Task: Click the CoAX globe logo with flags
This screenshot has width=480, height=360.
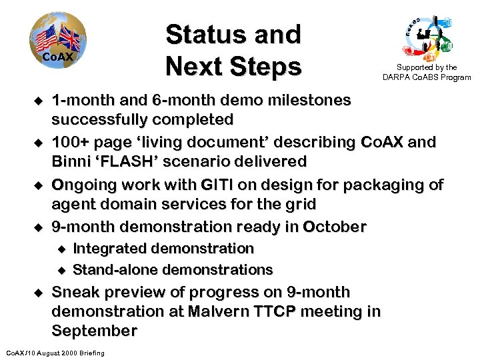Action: tap(57, 44)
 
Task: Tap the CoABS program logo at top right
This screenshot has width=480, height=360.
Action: tap(427, 37)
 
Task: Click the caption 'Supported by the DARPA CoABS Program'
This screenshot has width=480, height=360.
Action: tap(427, 73)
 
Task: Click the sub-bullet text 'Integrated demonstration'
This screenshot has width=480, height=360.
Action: tap(163, 249)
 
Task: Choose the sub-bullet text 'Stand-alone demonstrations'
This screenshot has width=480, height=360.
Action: tap(173, 269)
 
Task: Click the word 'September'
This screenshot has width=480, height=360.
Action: tap(94, 331)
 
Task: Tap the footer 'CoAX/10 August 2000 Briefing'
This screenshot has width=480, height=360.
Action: tap(55, 352)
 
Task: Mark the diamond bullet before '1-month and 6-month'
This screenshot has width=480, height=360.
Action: tap(38, 101)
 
